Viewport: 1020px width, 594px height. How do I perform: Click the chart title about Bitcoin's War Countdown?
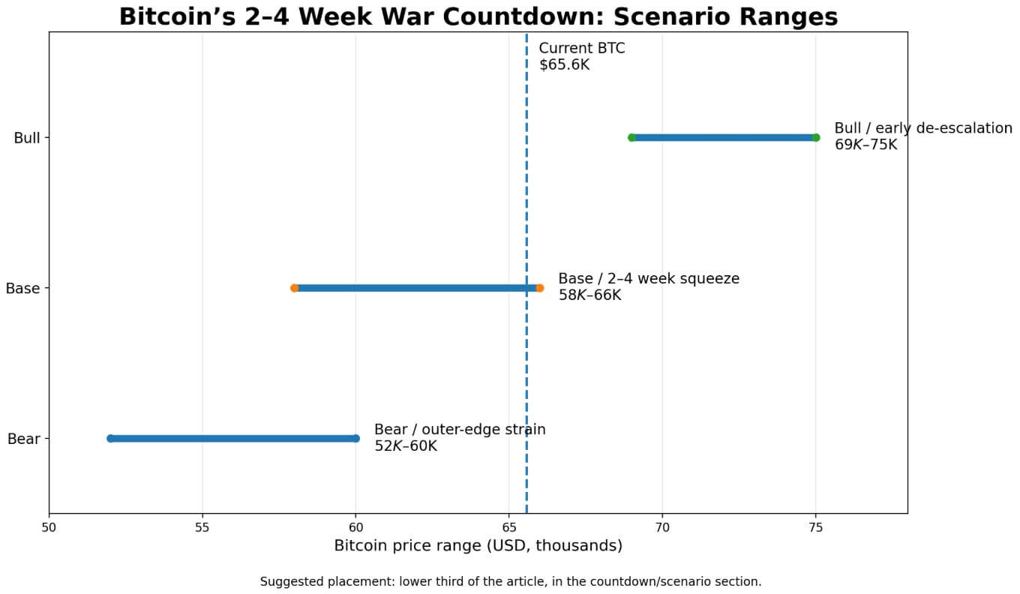478,16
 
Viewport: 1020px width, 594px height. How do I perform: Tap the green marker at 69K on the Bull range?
631,137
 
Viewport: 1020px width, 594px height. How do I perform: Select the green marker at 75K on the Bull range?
816,137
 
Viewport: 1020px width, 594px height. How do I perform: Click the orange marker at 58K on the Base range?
294,288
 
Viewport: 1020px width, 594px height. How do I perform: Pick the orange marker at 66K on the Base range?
539,288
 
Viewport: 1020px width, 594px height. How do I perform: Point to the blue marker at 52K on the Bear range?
110,438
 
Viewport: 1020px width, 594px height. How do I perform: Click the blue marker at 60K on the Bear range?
355,438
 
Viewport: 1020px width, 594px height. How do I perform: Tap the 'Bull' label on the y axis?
26,138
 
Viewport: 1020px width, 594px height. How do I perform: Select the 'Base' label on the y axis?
22,289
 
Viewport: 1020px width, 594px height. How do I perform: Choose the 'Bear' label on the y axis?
23,439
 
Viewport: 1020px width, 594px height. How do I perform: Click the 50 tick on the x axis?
49,527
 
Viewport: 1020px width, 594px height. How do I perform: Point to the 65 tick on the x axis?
508,527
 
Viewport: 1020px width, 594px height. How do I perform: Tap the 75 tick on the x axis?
815,527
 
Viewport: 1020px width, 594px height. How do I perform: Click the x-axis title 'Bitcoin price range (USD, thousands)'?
478,546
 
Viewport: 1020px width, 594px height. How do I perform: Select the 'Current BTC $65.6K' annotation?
581,56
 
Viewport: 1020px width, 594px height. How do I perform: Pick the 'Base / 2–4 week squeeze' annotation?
648,279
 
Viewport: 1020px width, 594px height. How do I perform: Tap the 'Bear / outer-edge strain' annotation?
459,430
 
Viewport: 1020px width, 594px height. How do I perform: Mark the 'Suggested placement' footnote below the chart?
510,581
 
